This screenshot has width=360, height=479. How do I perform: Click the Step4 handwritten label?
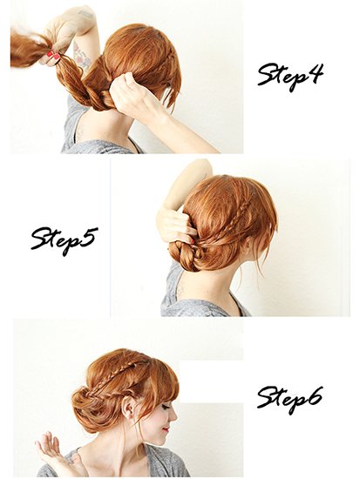pyautogui.click(x=290, y=77)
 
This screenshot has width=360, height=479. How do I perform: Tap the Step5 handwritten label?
pyautogui.click(x=65, y=239)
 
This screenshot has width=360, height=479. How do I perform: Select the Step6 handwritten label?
pyautogui.click(x=289, y=401)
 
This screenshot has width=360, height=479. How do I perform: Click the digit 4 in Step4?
pyautogui.click(x=313, y=73)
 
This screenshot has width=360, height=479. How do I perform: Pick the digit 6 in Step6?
pyautogui.click(x=314, y=397)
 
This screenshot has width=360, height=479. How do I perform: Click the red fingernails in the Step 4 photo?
pyautogui.click(x=53, y=57)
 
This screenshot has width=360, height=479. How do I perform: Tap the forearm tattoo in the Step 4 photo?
pyautogui.click(x=81, y=55)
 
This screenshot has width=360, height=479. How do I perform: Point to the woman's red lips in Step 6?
pyautogui.click(x=166, y=430)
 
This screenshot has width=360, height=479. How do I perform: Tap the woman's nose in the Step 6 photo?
pyautogui.click(x=173, y=416)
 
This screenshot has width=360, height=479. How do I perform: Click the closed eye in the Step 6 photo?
pyautogui.click(x=165, y=408)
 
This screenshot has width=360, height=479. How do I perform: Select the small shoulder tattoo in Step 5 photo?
pyautogui.click(x=180, y=290)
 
